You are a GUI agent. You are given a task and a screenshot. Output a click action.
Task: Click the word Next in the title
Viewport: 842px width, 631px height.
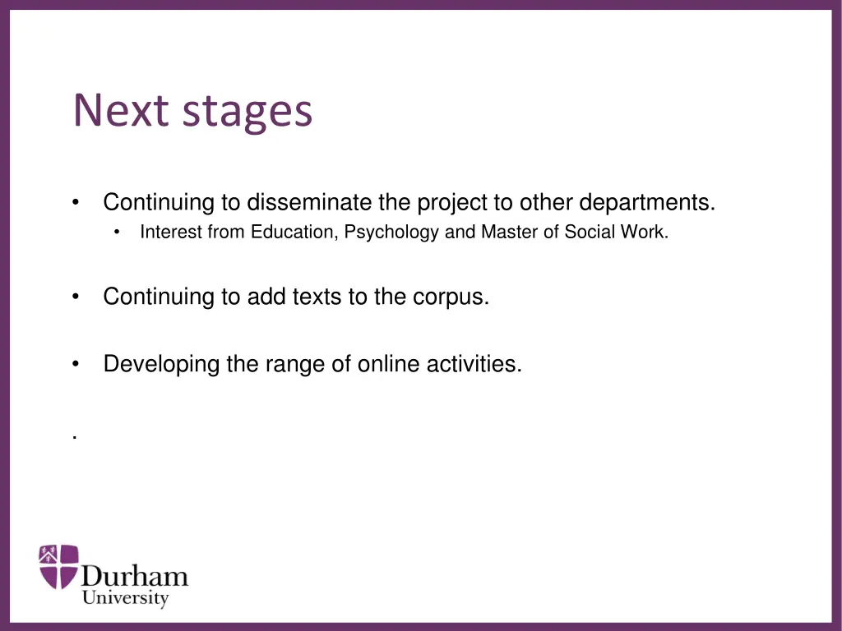click(122, 110)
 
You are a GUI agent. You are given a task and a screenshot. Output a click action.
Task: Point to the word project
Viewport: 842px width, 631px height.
click(450, 203)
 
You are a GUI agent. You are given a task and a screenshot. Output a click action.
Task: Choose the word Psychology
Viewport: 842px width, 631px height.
click(391, 233)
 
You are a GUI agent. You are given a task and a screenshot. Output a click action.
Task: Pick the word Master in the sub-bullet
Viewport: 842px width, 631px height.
click(506, 233)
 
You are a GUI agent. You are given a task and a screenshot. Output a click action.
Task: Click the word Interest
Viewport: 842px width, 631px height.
click(170, 233)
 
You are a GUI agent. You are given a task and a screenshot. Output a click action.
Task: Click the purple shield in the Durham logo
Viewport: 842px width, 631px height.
click(59, 566)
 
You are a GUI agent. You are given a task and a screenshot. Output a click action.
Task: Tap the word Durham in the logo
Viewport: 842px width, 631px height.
click(135, 576)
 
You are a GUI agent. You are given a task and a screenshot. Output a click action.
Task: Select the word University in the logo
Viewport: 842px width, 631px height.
click(125, 598)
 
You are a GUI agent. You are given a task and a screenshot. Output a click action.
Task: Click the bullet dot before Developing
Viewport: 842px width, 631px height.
click(76, 364)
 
